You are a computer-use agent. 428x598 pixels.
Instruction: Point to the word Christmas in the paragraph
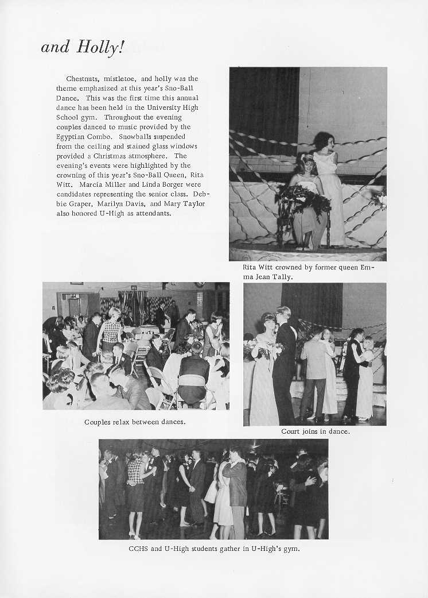click(x=113, y=156)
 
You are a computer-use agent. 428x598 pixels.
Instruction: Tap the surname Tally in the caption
click(x=283, y=277)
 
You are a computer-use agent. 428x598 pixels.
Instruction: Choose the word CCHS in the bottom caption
click(x=138, y=548)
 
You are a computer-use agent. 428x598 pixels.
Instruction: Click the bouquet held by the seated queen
click(x=301, y=198)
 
